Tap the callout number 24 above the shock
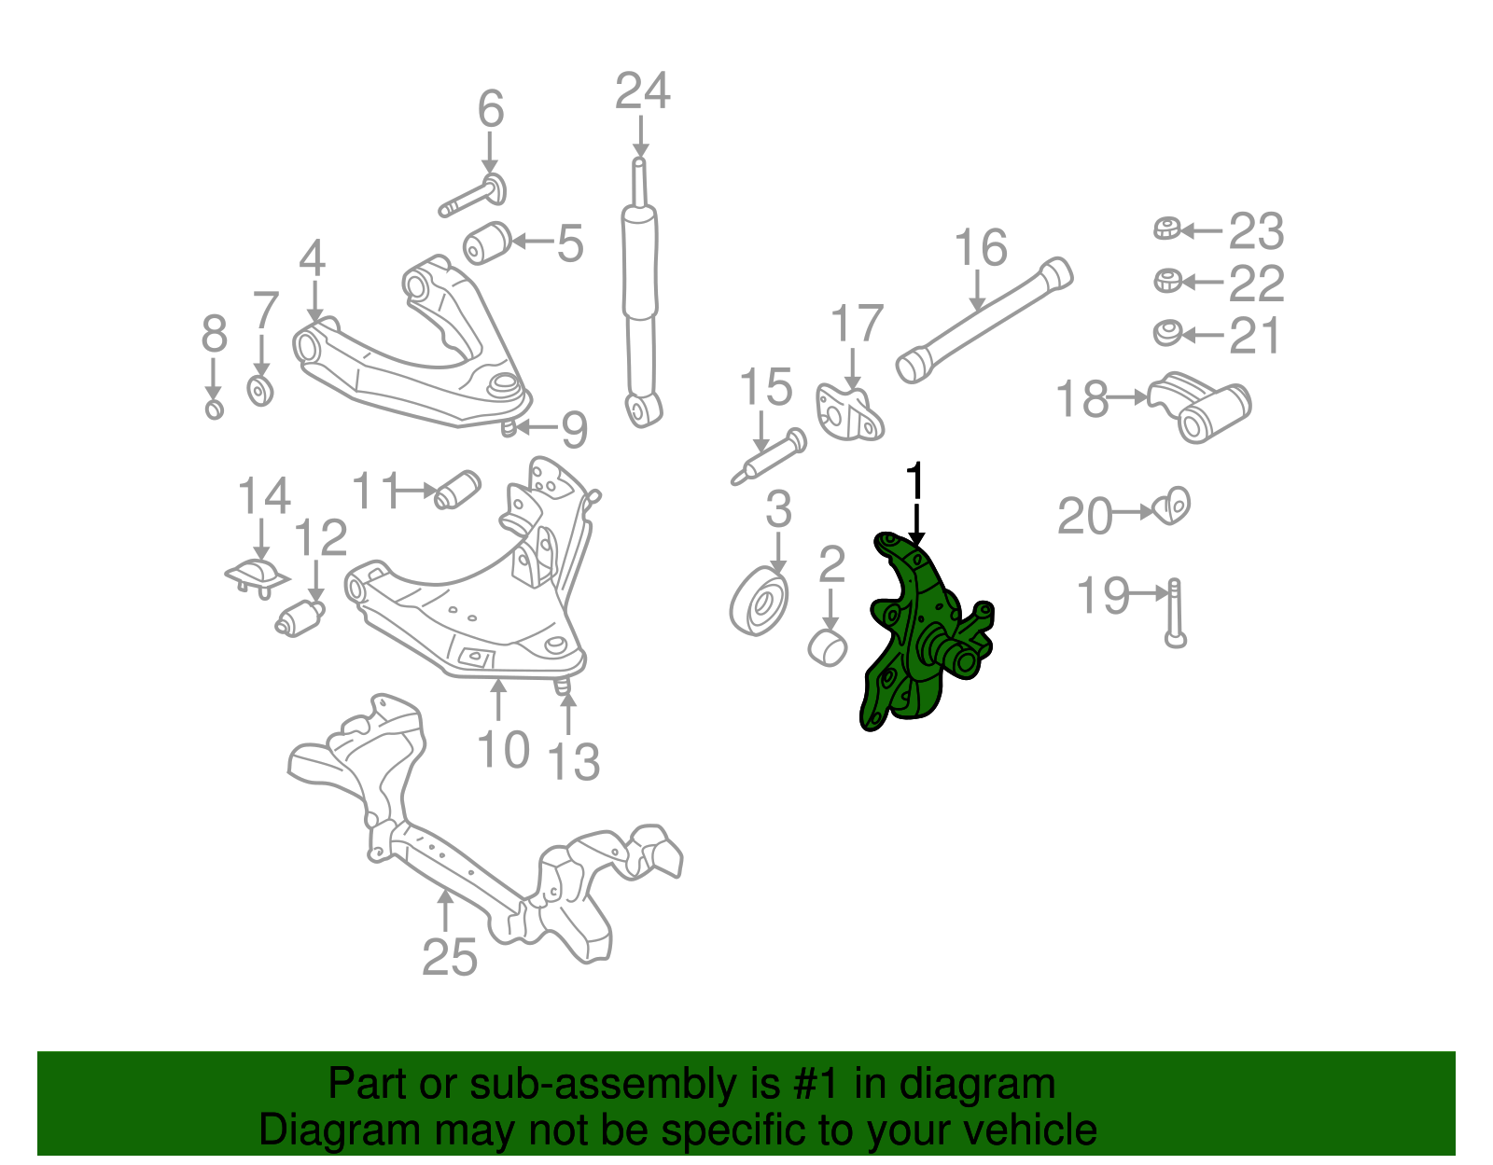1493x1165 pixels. coord(642,92)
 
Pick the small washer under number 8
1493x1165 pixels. coord(215,409)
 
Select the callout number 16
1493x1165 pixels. coord(981,248)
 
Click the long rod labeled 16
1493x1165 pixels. coord(984,320)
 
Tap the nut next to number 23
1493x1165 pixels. coord(1166,229)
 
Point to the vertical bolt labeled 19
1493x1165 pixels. coord(1175,612)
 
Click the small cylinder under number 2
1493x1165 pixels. coord(827,647)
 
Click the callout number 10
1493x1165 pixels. coord(503,749)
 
